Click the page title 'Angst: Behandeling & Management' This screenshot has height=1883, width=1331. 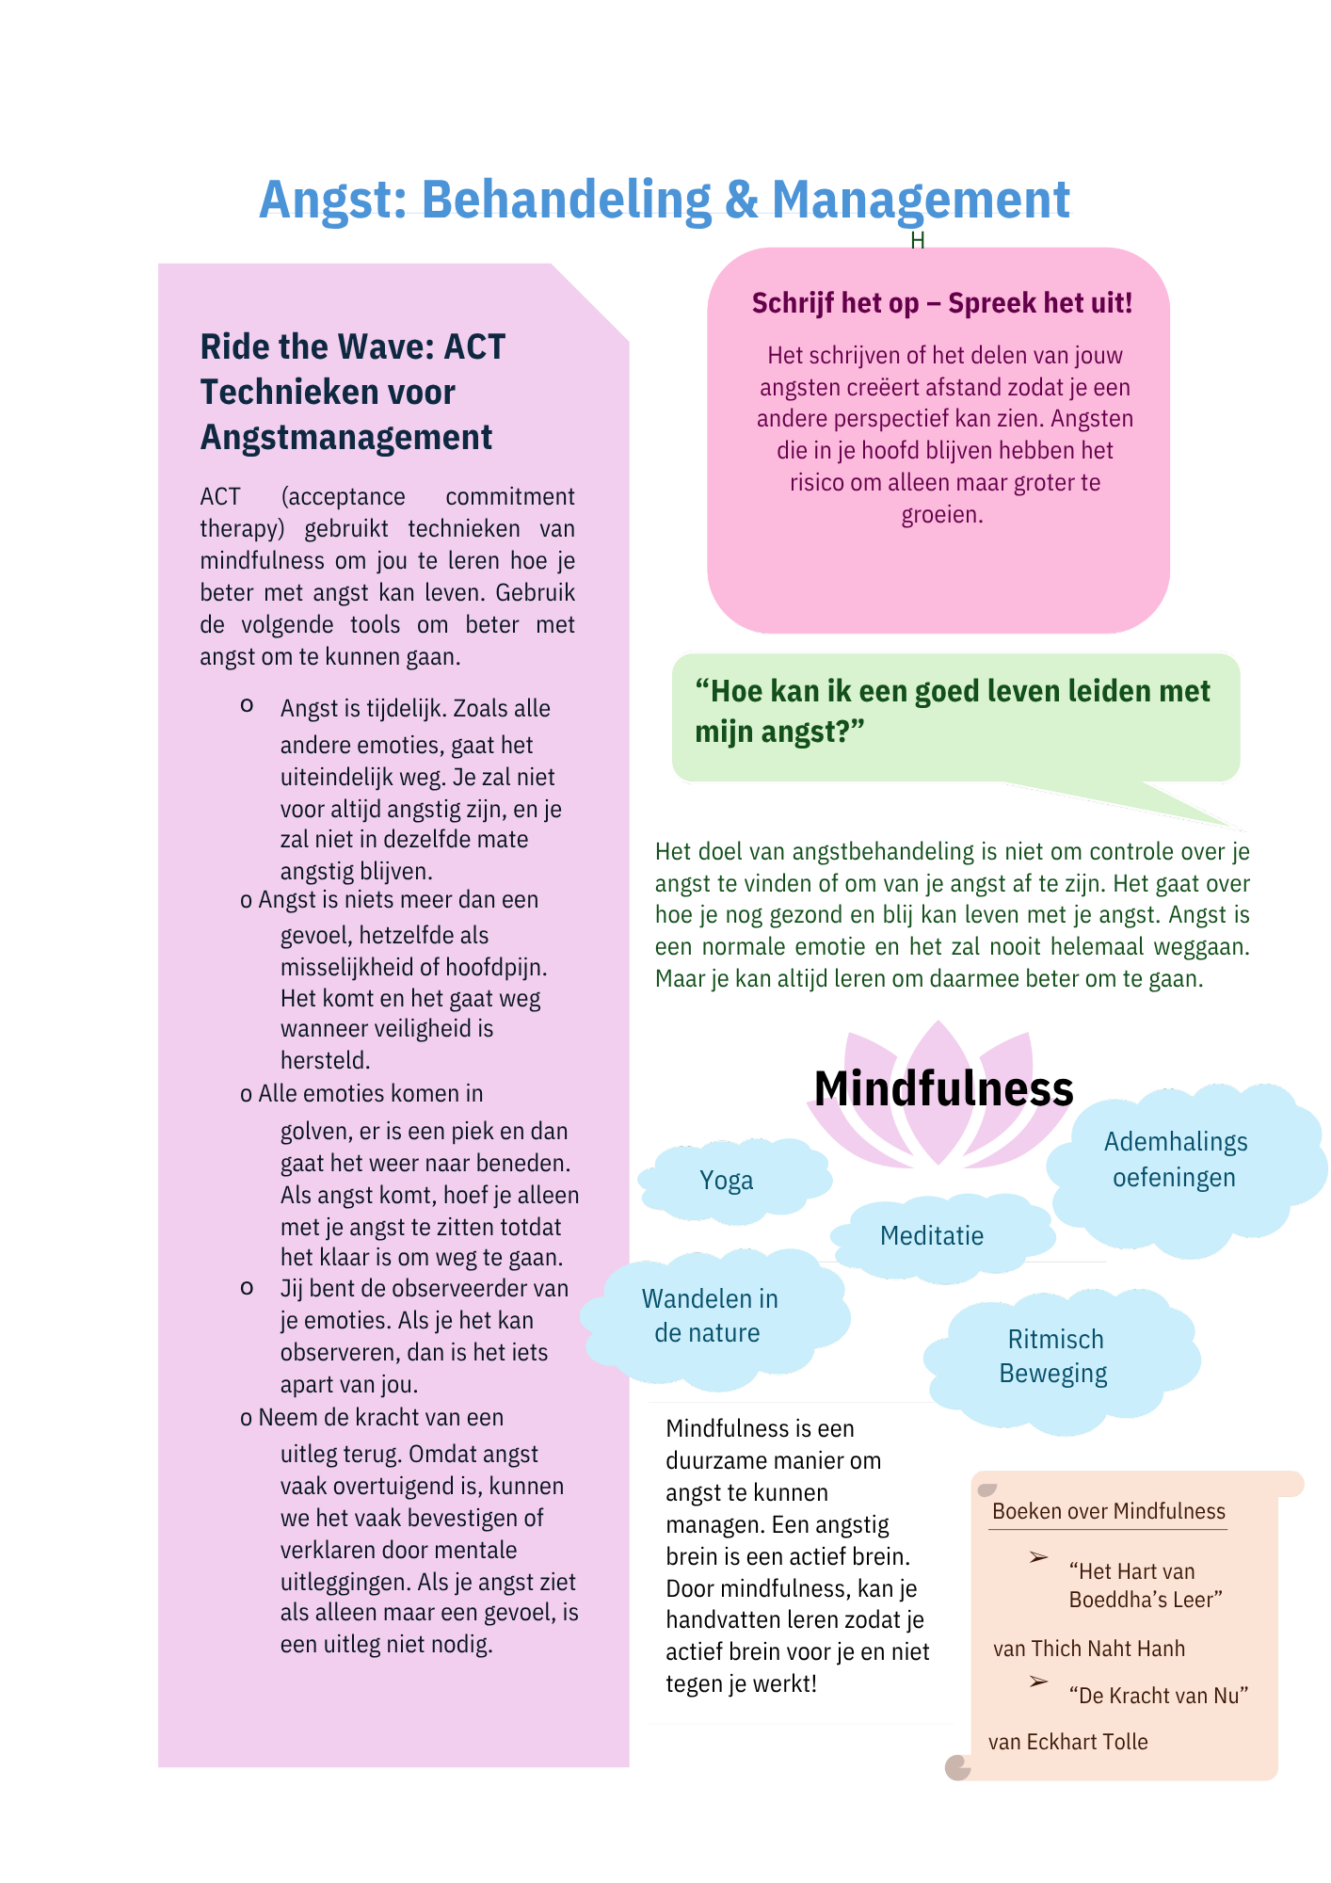665,200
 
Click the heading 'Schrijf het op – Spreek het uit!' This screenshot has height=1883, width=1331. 941,303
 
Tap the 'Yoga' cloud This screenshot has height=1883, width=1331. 726,1181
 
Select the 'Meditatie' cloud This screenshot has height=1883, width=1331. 932,1236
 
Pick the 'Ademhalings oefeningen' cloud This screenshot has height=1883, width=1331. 1175,1160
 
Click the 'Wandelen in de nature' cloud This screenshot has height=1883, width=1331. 710,1316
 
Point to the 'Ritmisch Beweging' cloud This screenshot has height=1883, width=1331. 1054,1357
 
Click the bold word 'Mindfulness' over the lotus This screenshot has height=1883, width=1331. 943,1089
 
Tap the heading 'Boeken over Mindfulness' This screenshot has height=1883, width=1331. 1109,1511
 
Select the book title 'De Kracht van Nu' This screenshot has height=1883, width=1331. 1159,1696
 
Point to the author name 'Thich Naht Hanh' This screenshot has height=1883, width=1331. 1108,1649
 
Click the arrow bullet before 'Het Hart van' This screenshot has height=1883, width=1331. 1038,1558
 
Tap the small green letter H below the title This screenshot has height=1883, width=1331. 918,241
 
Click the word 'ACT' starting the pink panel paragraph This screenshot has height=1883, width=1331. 220,497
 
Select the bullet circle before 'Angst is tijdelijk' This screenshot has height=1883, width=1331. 247,705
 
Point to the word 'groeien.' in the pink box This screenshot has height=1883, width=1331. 942,515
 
